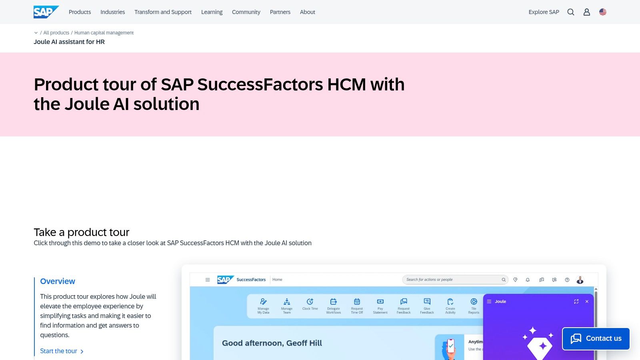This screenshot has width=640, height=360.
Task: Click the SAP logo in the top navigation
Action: (x=46, y=12)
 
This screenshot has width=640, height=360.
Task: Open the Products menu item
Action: (x=80, y=12)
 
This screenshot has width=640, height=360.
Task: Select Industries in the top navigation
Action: (x=112, y=12)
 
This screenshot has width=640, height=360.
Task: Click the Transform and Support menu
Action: (x=163, y=12)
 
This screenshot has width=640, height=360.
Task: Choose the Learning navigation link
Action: (x=212, y=12)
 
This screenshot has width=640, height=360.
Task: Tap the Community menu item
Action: (x=246, y=12)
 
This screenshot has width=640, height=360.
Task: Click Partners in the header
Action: (x=280, y=12)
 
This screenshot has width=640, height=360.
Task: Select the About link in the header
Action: (x=307, y=12)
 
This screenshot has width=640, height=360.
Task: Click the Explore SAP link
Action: (x=544, y=12)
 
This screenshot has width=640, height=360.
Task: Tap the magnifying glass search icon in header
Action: (x=571, y=12)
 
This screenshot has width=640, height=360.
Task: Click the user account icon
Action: (x=587, y=12)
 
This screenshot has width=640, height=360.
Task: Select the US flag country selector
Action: (x=603, y=12)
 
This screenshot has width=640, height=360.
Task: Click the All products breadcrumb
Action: (x=56, y=33)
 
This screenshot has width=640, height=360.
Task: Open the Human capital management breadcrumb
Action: (x=104, y=33)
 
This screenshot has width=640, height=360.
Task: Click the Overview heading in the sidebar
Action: (x=58, y=281)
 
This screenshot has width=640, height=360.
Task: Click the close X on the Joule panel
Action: (x=587, y=302)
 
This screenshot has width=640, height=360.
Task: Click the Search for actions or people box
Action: (x=452, y=280)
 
